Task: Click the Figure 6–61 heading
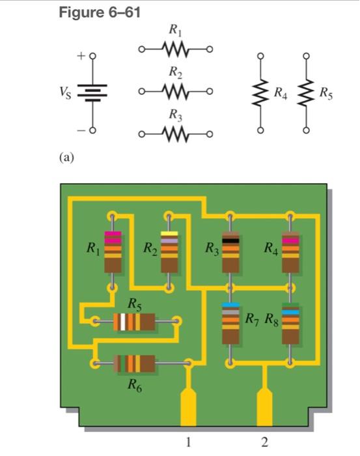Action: pyautogui.click(x=100, y=12)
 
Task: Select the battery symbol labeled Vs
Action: pyautogui.click(x=92, y=93)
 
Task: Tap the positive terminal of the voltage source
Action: pyautogui.click(x=92, y=56)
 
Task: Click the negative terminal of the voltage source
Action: pyautogui.click(x=92, y=130)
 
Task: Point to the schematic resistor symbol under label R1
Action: pyautogui.click(x=176, y=49)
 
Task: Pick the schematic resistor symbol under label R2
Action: pyautogui.click(x=176, y=91)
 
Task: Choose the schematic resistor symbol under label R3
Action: pyautogui.click(x=176, y=134)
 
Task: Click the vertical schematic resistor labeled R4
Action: pyautogui.click(x=261, y=93)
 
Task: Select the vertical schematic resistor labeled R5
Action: pyautogui.click(x=306, y=93)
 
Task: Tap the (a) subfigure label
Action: pyautogui.click(x=66, y=158)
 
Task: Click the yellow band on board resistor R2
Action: pyautogui.click(x=169, y=233)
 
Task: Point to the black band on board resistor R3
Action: pyautogui.click(x=230, y=241)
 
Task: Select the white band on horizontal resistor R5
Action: pyautogui.click(x=123, y=322)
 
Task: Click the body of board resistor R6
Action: pyautogui.click(x=134, y=363)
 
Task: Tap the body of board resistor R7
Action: pyautogui.click(x=230, y=323)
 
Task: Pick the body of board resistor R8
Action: pyautogui.click(x=290, y=323)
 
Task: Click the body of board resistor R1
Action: pyautogui.click(x=113, y=252)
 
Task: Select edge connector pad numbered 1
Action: pyautogui.click(x=188, y=408)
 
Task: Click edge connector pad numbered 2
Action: pyautogui.click(x=264, y=408)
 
